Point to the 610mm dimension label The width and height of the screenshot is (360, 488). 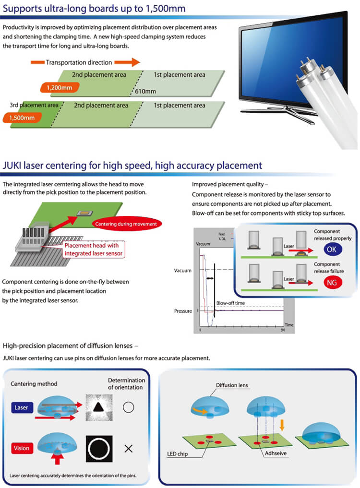tap(145, 91)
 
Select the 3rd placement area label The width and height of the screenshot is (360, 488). tap(34, 105)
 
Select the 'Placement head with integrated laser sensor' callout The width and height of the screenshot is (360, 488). tap(94, 250)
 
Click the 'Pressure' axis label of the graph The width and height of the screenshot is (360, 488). tap(183, 311)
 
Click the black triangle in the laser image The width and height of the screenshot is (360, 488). tap(99, 407)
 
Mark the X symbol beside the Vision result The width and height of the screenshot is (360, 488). tap(128, 449)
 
